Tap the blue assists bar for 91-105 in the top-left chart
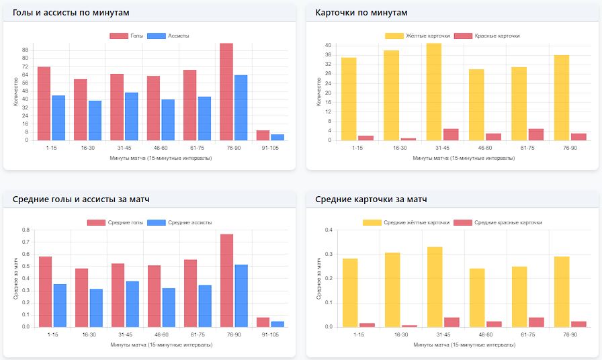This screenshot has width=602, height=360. coord(277,137)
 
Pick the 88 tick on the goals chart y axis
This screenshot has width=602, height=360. coord(25,50)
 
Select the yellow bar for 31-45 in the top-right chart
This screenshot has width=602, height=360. coord(434,92)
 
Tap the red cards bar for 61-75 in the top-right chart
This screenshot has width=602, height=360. coord(535,134)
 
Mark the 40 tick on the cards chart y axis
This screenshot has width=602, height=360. coord(328,45)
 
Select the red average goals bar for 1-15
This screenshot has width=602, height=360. coord(45,291)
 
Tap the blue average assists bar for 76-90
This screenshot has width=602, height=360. coord(241,296)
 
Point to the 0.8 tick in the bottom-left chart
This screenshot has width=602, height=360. coord(26,230)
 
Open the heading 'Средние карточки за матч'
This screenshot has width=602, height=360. coord(371,199)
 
